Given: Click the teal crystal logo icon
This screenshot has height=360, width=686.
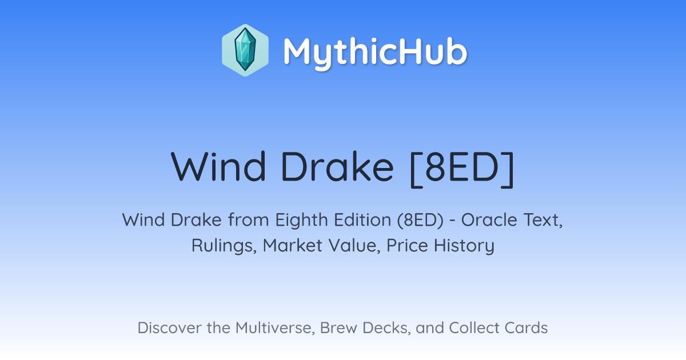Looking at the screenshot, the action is pos(245,50).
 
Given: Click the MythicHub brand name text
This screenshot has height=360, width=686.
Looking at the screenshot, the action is pos(375,52).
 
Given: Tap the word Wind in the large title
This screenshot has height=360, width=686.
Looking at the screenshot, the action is pos(218,167).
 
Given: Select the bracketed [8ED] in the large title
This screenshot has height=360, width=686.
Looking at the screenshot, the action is pos(462,169).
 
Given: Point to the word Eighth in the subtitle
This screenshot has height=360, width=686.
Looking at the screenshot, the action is pos(302,220).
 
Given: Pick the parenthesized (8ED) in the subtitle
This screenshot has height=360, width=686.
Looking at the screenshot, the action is pos(421,220).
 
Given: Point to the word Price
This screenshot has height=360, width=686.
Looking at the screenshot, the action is pos(407,246).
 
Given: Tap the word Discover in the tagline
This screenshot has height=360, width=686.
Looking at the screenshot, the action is pos(169,328).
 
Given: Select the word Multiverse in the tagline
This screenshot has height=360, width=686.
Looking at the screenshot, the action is pos(275,328).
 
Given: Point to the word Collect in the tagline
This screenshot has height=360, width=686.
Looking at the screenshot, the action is pos(474,328).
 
